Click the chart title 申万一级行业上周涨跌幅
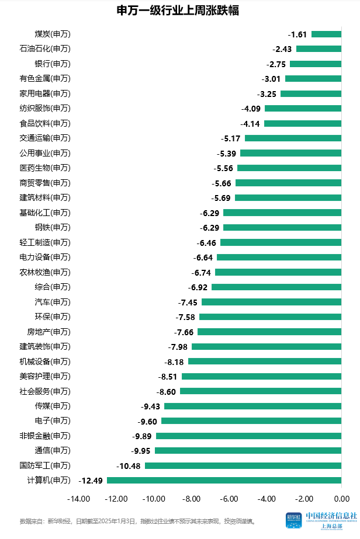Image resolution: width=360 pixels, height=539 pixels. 180,11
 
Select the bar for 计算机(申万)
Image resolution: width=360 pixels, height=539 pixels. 224,481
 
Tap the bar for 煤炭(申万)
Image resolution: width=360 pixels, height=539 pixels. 326,34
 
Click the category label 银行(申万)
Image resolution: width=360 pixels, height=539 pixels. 53,64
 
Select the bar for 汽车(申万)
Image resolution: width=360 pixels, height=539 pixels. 271,302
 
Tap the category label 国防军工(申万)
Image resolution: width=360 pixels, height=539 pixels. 45,465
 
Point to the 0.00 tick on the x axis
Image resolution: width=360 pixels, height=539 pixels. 341,499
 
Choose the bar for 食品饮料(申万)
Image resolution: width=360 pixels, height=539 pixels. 303,123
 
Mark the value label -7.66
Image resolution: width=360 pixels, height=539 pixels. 184,332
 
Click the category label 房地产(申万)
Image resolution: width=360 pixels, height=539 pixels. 49,332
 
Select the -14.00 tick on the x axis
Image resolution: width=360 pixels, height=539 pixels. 78,499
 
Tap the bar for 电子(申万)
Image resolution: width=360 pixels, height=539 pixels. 251,421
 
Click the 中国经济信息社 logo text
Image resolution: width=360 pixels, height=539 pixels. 331,516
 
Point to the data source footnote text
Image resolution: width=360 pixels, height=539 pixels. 138,520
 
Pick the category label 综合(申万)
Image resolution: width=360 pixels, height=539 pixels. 53,287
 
